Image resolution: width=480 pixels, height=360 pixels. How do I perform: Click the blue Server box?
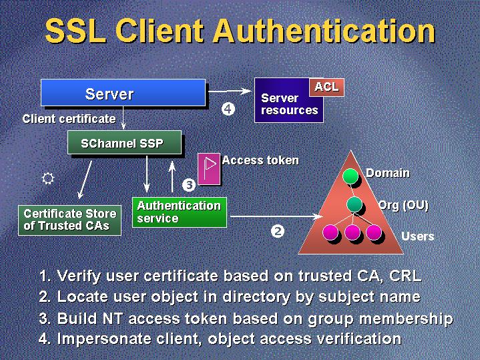click(123, 93)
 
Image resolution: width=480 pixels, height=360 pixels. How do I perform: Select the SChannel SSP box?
click(124, 143)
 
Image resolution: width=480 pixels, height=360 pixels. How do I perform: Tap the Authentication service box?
click(178, 212)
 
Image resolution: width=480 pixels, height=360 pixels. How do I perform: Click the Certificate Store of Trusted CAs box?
click(70, 220)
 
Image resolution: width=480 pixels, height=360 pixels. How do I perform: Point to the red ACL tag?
click(326, 87)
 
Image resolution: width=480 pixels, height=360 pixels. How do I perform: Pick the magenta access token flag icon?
click(210, 169)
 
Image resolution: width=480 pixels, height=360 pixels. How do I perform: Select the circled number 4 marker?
click(228, 110)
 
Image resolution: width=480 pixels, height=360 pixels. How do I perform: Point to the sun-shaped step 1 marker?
click(47, 178)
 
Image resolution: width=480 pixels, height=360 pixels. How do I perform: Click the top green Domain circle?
click(350, 176)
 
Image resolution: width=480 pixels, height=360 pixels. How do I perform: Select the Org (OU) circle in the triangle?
click(354, 204)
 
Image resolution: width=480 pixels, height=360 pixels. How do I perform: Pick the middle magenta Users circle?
click(352, 232)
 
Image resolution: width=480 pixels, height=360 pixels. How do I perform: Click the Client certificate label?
click(69, 119)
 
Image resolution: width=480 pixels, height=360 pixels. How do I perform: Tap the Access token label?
click(260, 160)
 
